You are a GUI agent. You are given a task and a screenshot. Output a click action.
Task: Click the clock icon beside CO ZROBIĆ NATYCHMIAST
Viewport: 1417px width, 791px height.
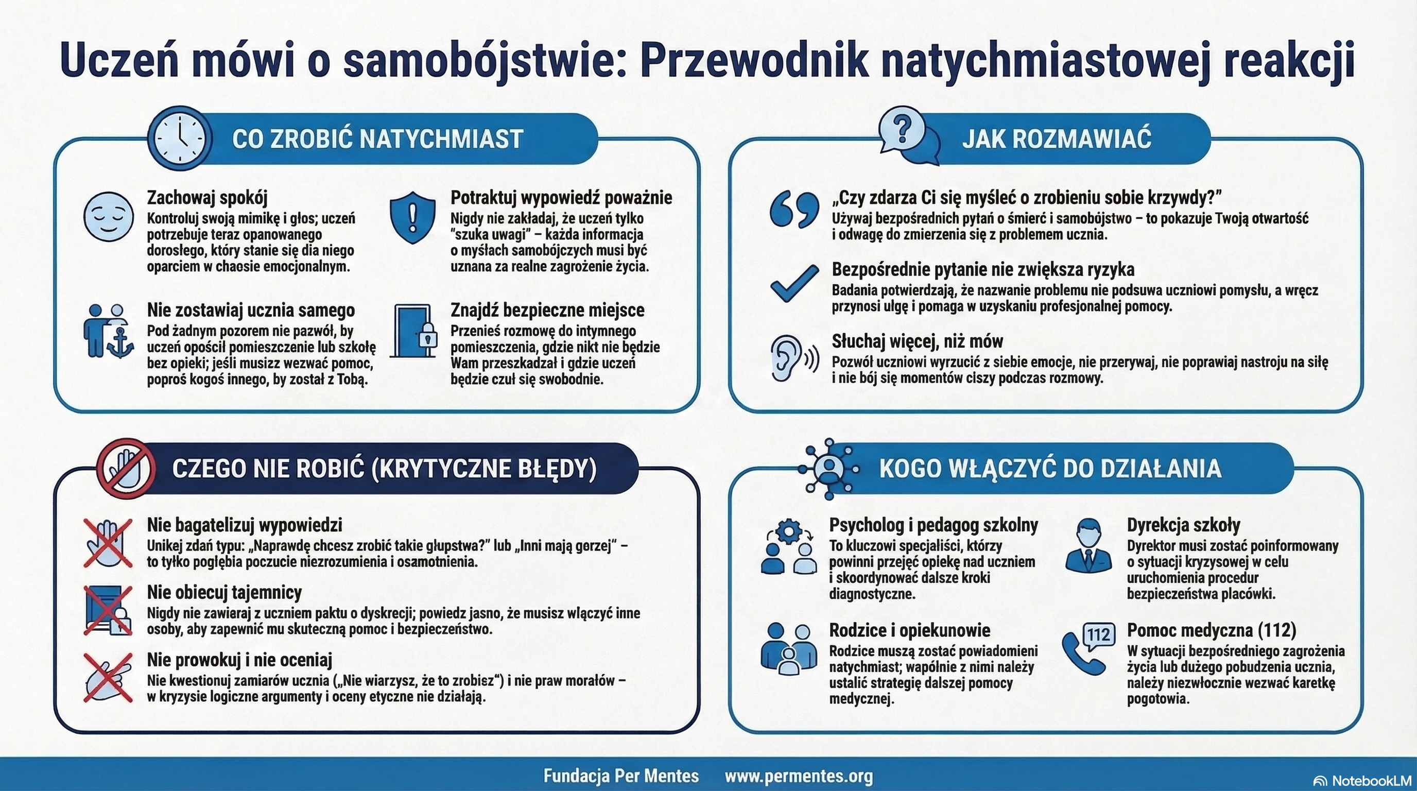pyautogui.click(x=179, y=137)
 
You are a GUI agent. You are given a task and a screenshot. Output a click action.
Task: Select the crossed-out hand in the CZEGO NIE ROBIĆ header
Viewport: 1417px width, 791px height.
pyautogui.click(x=127, y=469)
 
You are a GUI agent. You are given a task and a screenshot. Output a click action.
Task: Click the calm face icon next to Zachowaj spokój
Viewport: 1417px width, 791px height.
pyautogui.click(x=108, y=217)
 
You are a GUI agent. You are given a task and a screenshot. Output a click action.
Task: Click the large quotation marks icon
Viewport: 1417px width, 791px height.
pyautogui.click(x=794, y=210)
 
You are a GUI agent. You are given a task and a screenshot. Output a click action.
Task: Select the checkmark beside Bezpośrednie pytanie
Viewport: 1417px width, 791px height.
pyautogui.click(x=794, y=283)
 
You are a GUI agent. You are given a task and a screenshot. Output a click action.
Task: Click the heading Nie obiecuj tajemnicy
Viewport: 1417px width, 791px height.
pyautogui.click(x=224, y=592)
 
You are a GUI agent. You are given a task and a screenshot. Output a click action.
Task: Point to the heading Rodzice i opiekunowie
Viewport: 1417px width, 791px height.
pyautogui.click(x=909, y=630)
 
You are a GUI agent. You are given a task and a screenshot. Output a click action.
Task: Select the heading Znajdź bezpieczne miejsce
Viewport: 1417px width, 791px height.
pyautogui.click(x=547, y=310)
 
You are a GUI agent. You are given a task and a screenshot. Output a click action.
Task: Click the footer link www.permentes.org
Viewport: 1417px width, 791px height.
pyautogui.click(x=798, y=776)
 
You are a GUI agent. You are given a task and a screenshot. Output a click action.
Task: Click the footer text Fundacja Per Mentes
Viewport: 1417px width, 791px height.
pyautogui.click(x=621, y=776)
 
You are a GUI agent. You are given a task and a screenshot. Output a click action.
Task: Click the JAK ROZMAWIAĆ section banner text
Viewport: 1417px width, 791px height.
pyautogui.click(x=1056, y=139)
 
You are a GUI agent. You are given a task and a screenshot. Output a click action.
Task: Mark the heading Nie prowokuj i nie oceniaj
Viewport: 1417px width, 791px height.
pyautogui.click(x=239, y=660)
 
